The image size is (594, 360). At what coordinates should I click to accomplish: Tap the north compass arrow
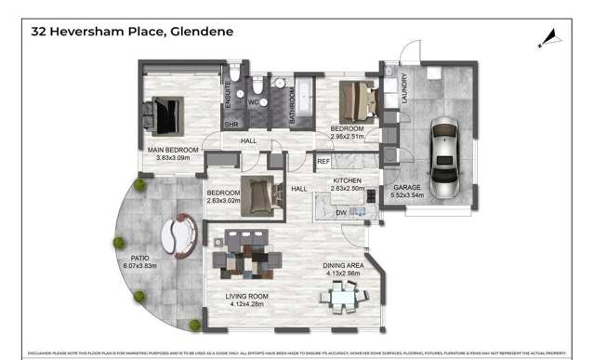(549, 37)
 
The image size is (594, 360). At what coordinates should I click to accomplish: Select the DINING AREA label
(343, 265)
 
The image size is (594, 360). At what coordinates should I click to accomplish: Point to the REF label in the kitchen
(323, 162)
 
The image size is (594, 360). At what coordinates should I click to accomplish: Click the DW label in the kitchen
(341, 213)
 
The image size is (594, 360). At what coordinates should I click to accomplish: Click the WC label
(252, 103)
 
